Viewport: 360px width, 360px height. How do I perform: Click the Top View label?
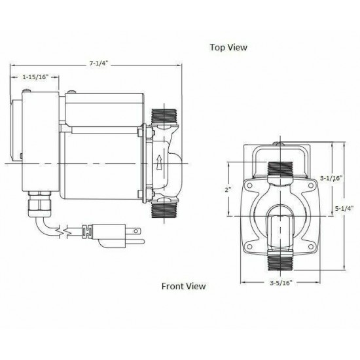click(x=229, y=47)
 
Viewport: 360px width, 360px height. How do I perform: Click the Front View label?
click(x=184, y=286)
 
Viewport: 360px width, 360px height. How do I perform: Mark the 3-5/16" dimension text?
click(x=279, y=284)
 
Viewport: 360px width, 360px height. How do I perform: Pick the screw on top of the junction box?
click(x=21, y=155)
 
